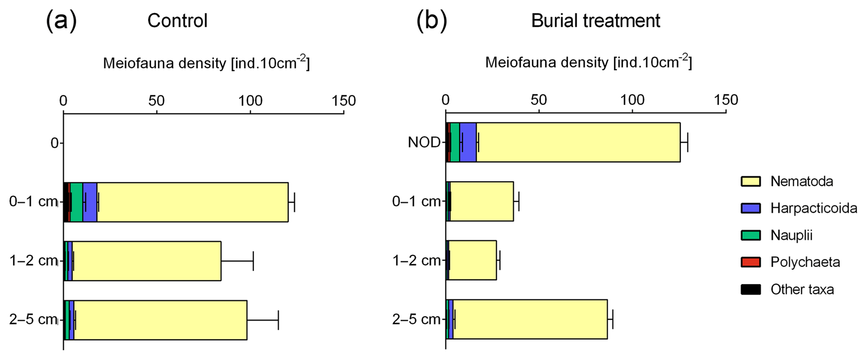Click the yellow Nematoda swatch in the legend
[750, 181]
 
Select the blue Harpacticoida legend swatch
[750, 208]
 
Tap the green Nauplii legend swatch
[750, 235]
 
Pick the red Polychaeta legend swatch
[750, 262]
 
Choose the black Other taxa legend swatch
[750, 289]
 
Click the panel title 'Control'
[177, 21]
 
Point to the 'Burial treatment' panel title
[595, 21]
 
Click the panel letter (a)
[61, 20]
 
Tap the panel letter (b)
[431, 20]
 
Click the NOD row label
[424, 143]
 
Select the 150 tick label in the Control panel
[344, 101]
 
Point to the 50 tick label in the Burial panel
[539, 100]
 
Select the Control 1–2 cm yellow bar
[146, 261]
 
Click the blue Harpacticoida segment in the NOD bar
[468, 142]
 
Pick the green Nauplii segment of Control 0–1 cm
[76, 202]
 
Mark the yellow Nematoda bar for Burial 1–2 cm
[472, 260]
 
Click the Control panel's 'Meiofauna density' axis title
[206, 63]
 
